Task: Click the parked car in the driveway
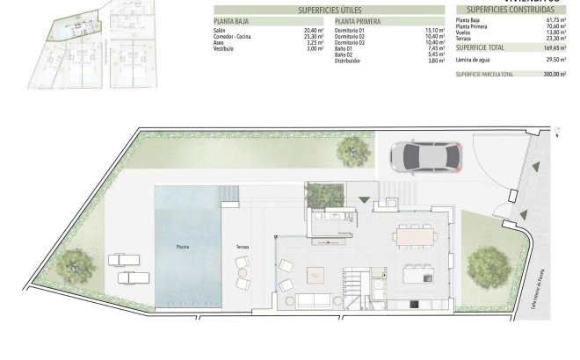click(x=423, y=156)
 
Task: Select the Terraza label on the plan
click(x=243, y=247)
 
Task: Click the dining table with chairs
click(x=415, y=235)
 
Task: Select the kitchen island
click(x=417, y=275)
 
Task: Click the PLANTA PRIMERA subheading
click(x=358, y=20)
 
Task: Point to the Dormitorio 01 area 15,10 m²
click(x=433, y=30)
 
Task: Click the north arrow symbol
click(x=557, y=133)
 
